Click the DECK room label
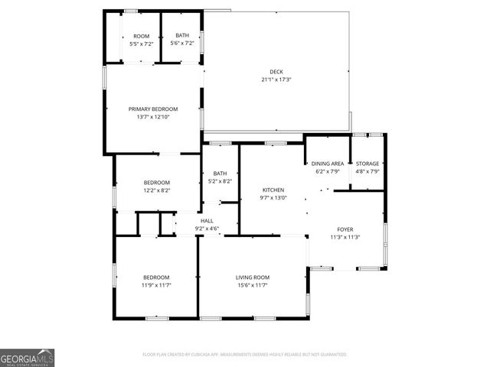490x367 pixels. (x=276, y=72)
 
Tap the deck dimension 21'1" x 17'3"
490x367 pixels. (x=276, y=80)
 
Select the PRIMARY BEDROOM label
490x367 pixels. (x=152, y=109)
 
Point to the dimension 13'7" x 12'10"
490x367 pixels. (x=152, y=117)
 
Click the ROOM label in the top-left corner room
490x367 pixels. (x=141, y=36)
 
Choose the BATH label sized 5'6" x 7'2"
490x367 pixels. (x=182, y=36)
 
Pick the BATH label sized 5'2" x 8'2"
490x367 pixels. (x=220, y=173)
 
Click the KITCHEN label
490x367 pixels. (x=273, y=190)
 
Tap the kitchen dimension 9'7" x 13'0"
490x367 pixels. (x=273, y=197)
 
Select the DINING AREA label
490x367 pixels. (x=328, y=164)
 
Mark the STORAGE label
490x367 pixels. (x=367, y=164)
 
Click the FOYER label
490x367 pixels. (x=345, y=229)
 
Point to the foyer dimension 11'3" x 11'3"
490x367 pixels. (x=345, y=237)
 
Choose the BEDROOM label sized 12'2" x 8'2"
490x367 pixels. (x=156, y=182)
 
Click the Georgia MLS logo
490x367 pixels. (x=28, y=358)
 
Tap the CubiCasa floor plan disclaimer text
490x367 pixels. (x=245, y=355)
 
